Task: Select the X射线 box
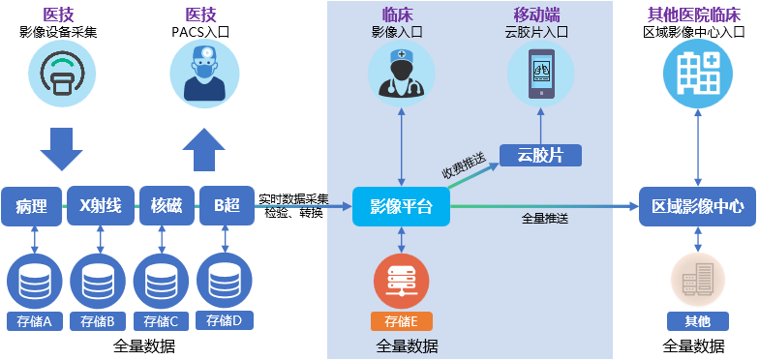point(100,205)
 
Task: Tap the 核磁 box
point(166,205)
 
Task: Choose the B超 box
point(227,205)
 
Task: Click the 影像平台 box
point(401,206)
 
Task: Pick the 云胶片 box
point(539,155)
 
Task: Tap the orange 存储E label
point(401,321)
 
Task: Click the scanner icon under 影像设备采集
point(60,74)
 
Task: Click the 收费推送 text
point(463,165)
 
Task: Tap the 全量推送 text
point(544,218)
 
